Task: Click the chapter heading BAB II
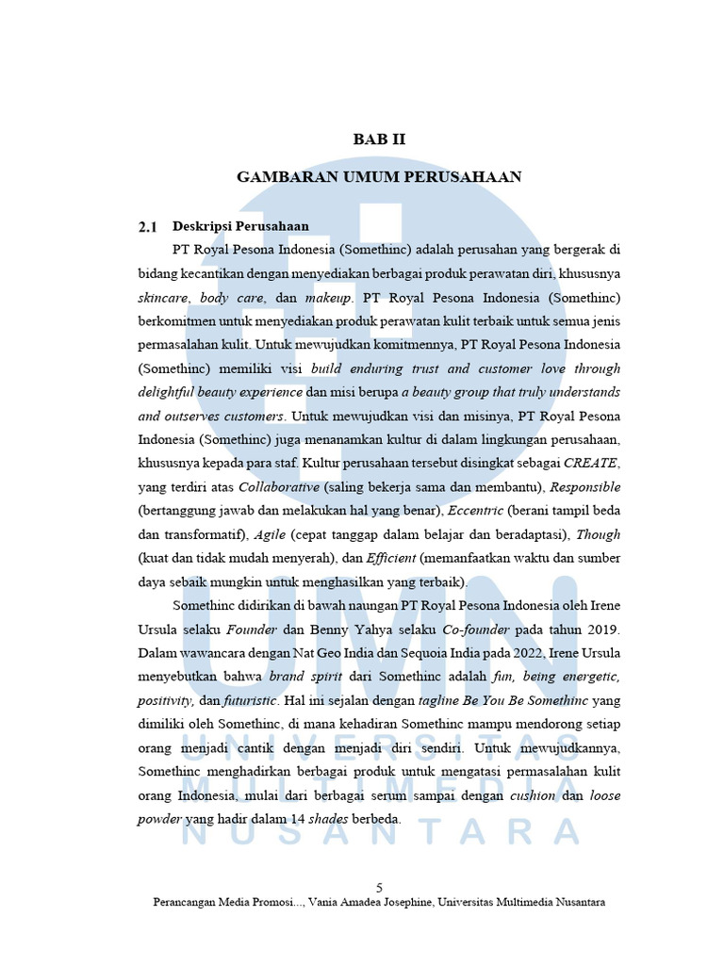pyautogui.click(x=379, y=139)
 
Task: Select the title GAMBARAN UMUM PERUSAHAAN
pyautogui.click(x=379, y=177)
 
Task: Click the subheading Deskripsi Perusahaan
pyautogui.click(x=240, y=226)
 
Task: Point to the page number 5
pyautogui.click(x=379, y=888)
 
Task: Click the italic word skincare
pyautogui.click(x=163, y=297)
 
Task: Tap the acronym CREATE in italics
pyautogui.click(x=592, y=463)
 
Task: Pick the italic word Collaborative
pyautogui.click(x=280, y=487)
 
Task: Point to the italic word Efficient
pyautogui.click(x=389, y=558)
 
